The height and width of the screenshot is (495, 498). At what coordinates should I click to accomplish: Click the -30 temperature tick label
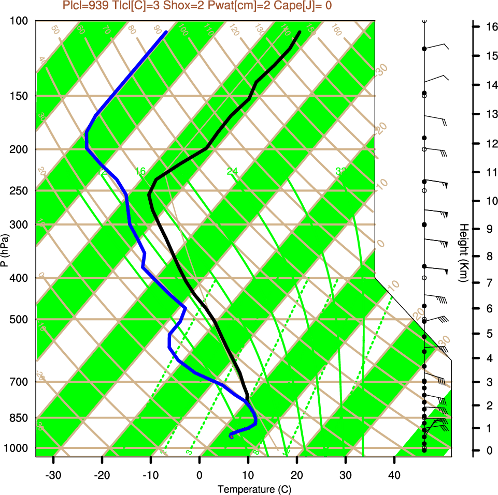[53, 475]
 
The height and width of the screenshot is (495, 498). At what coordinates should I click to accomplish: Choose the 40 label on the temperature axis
[394, 475]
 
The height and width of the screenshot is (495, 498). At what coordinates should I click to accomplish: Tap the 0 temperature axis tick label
[200, 475]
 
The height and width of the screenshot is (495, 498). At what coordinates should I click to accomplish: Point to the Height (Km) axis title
[463, 253]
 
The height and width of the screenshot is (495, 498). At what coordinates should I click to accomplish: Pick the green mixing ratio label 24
[232, 171]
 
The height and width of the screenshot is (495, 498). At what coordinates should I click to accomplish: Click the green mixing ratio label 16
[140, 171]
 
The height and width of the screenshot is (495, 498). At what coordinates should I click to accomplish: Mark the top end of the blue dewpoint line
[166, 32]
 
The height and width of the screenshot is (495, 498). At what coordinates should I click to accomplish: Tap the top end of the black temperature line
[300, 32]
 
